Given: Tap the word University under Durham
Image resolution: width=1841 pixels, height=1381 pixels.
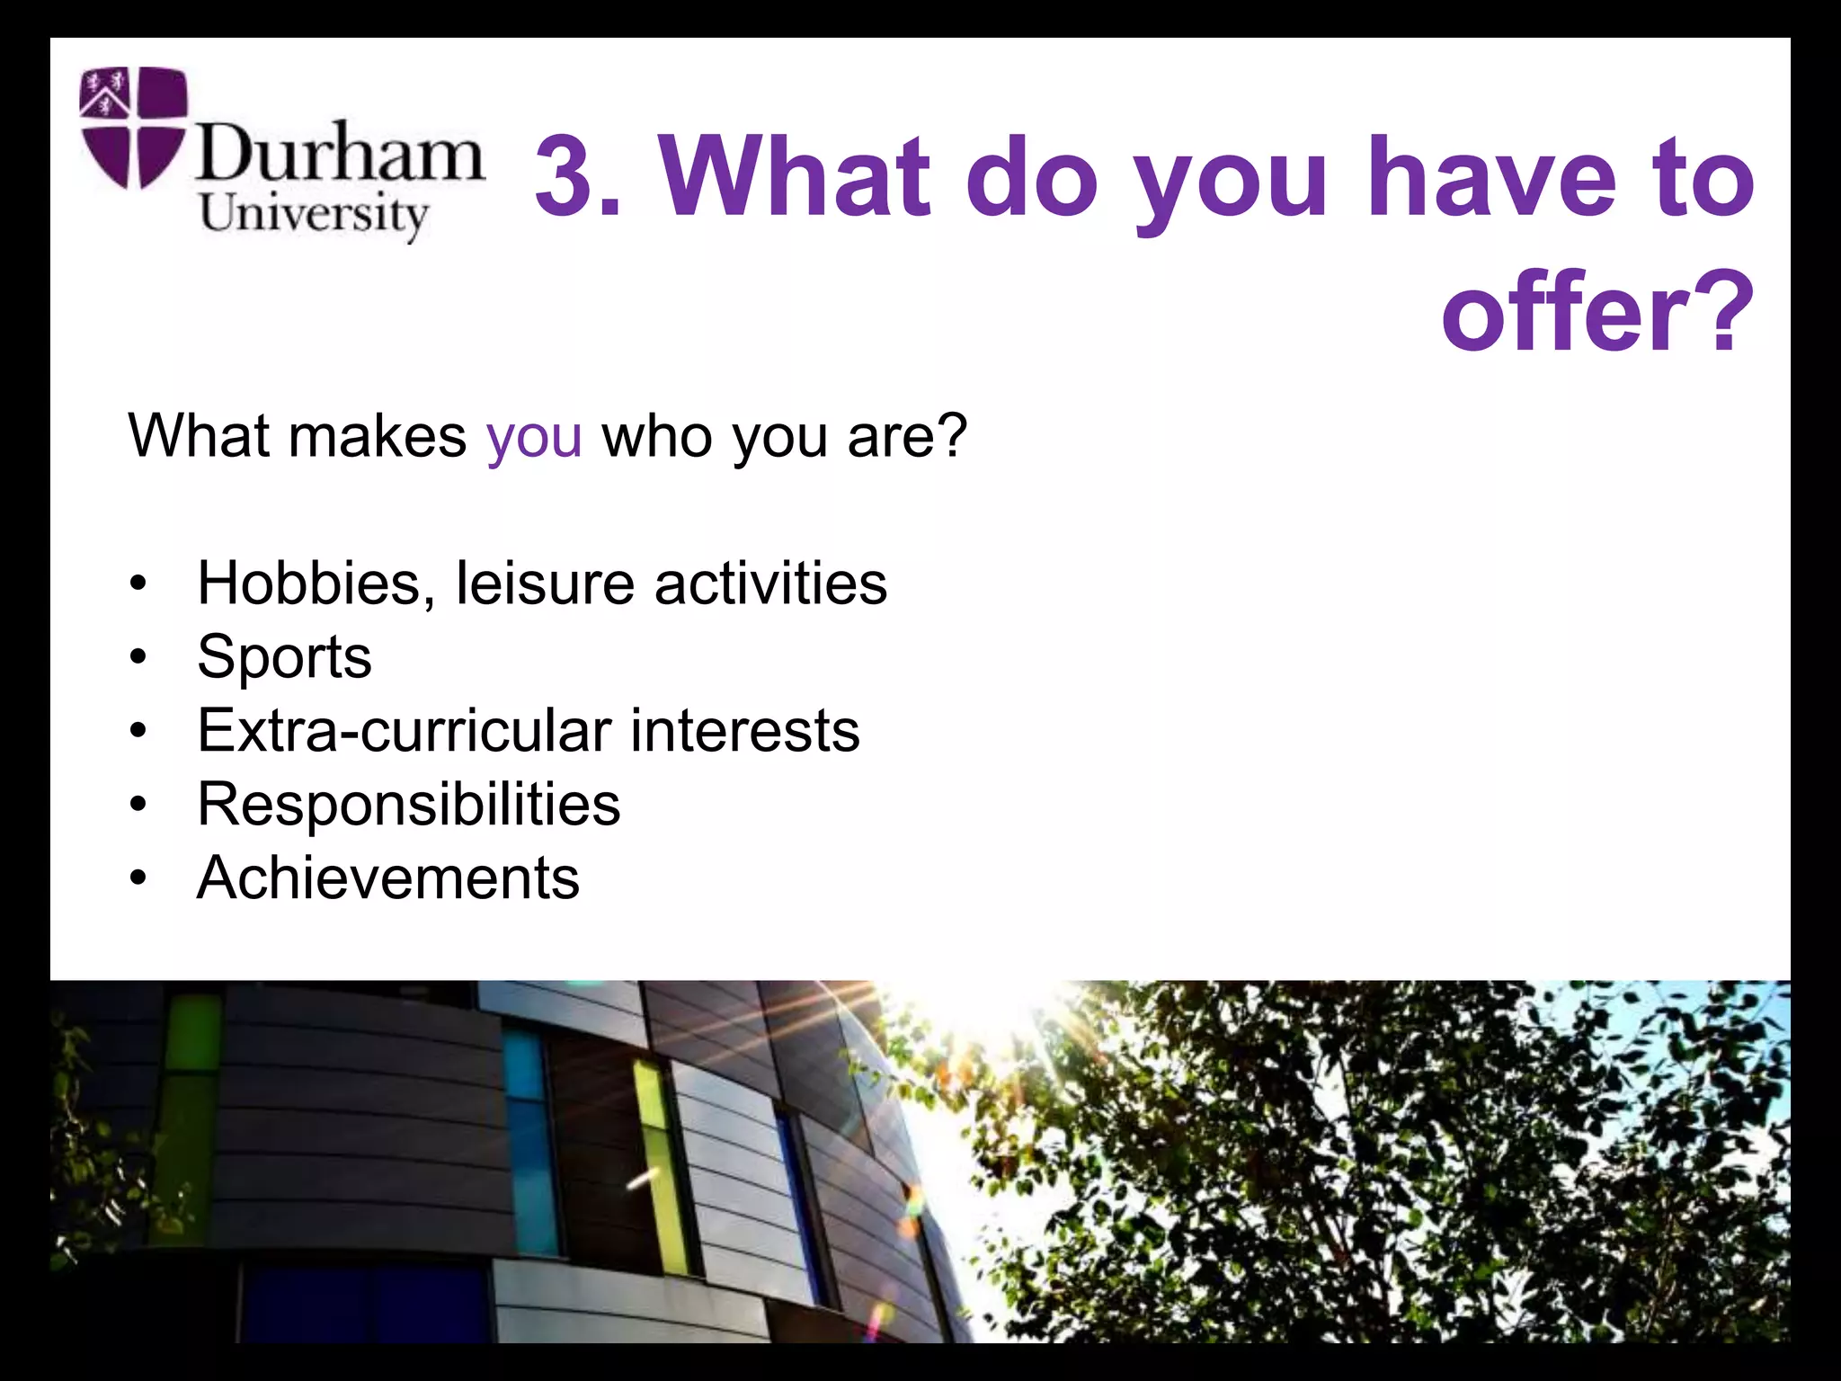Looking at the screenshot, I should [314, 215].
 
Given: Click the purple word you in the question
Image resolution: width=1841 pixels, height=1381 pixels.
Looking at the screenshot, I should [534, 436].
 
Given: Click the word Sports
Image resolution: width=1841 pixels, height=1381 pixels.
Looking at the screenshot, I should [284, 657].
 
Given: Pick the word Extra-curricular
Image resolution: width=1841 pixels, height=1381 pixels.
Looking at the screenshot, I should [405, 730].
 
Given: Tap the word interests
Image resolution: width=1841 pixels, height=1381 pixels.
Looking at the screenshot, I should [744, 730].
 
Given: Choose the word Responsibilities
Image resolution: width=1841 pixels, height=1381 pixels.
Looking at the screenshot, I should [409, 804].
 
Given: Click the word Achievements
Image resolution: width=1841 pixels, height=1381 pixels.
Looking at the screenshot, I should [388, 878].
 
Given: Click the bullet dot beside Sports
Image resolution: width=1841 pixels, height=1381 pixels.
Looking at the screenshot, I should [137, 657].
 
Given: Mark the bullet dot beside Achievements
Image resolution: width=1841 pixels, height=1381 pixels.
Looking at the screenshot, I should [137, 878].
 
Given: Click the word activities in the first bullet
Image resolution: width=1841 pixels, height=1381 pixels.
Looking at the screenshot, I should [770, 584].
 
